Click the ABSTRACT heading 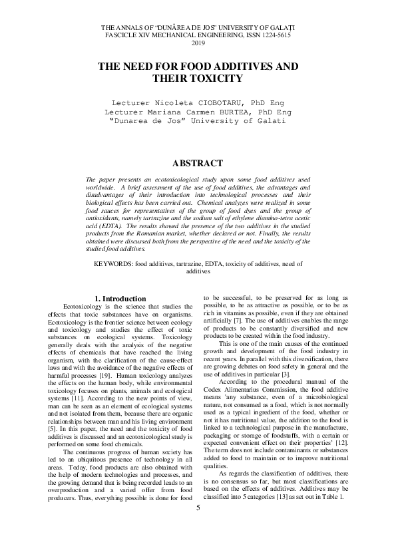click(x=198, y=163)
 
